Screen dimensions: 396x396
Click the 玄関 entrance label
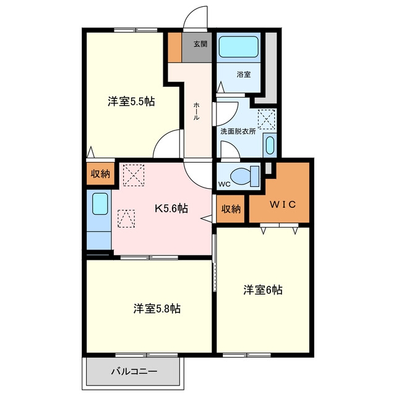pos(200,44)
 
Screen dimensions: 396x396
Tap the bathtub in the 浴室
pos(238,47)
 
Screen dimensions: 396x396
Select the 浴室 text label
pos(244,74)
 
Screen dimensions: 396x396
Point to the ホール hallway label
pos(196,111)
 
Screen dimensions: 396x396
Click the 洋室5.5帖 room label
pos(131,101)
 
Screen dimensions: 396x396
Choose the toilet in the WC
pos(244,176)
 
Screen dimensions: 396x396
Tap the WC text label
pos(224,184)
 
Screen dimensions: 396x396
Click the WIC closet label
pos(283,204)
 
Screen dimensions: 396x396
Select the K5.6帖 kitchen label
pos(171,209)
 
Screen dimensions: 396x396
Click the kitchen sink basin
pos(100,204)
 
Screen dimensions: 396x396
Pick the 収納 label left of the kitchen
pos(100,174)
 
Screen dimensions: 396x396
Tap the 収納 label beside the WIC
pos(231,209)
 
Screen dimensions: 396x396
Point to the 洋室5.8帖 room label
pos(157,308)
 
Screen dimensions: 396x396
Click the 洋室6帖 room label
pos(263,290)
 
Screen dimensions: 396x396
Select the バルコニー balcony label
pos(134,371)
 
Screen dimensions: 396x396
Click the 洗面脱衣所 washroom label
pos(238,131)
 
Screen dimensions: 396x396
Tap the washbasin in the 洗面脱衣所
pos(270,145)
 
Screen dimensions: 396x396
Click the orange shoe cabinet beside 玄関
pos(174,47)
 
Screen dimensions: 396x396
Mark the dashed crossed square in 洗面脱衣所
pos(267,119)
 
